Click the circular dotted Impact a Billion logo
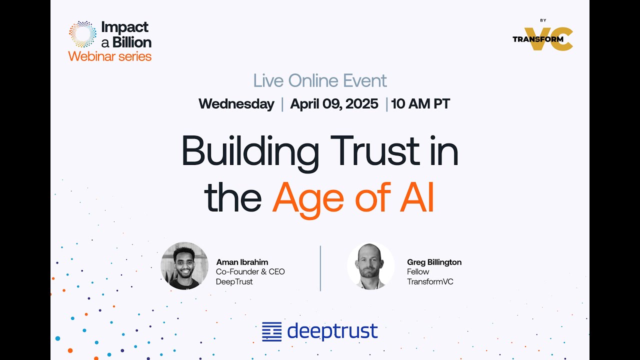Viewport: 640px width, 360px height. (82, 34)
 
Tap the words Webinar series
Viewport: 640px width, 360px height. (110, 56)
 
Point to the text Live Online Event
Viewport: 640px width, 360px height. (320, 80)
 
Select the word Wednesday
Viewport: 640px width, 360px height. (236, 104)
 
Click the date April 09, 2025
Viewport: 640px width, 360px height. (334, 104)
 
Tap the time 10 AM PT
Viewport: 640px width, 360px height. (420, 104)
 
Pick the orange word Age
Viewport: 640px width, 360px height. (308, 198)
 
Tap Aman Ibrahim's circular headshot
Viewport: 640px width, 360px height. (184, 266)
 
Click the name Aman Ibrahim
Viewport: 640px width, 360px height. (242, 262)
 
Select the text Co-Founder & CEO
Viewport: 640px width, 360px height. (250, 271)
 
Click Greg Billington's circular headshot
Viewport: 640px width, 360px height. (371, 266)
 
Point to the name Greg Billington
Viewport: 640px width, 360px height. (434, 262)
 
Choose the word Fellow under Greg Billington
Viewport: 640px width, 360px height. (418, 271)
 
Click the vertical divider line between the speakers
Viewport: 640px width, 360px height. (320, 268)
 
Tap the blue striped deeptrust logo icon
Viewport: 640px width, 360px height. (272, 331)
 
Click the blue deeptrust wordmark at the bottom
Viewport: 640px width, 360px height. (332, 331)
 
